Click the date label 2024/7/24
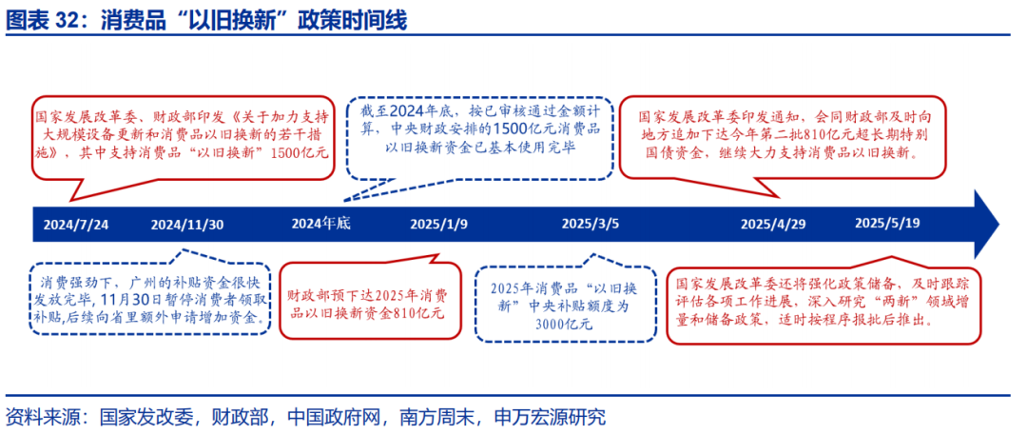coord(76,225)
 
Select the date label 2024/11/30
coord(187,225)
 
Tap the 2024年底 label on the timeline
coord(321,223)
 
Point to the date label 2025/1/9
coord(438,225)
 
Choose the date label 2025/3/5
coord(590,225)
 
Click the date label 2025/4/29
coord(773,225)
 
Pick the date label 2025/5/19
coord(887,223)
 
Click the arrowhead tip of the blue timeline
coord(999,225)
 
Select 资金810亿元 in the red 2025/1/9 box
coord(408,313)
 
